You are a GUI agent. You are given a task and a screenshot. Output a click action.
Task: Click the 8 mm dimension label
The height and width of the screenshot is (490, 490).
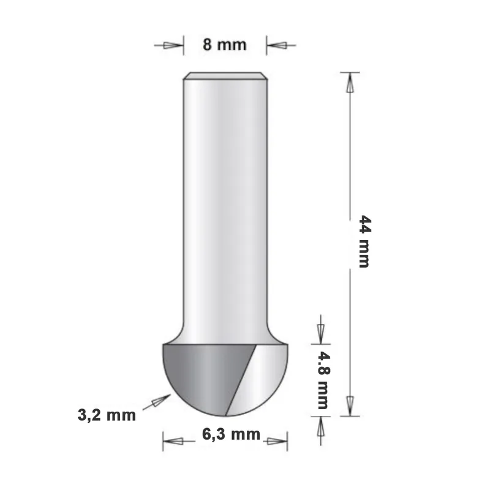point(224,45)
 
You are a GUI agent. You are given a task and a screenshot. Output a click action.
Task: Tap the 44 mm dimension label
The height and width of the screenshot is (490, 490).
point(364,241)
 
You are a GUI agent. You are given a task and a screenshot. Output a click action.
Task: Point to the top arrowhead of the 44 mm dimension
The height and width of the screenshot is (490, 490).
point(350,83)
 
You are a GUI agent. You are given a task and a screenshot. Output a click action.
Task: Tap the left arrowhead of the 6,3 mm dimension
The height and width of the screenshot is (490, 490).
point(173,439)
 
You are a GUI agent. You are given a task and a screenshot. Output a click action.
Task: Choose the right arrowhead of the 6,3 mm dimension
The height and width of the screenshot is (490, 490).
point(277,439)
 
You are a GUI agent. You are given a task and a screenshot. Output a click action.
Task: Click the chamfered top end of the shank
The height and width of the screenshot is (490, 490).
point(225,77)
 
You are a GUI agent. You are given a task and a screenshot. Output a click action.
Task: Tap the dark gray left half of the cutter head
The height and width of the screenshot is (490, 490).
point(196,374)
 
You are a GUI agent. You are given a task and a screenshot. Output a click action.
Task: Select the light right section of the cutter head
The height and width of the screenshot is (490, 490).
point(263,374)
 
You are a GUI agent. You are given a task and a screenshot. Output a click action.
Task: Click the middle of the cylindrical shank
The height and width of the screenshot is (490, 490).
point(225,202)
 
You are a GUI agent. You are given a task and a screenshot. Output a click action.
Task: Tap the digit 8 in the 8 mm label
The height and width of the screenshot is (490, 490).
point(208,45)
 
